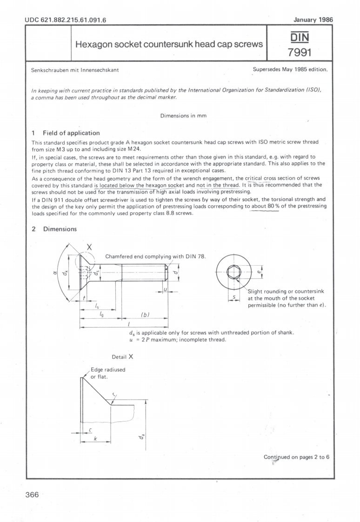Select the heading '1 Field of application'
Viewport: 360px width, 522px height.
[65, 133]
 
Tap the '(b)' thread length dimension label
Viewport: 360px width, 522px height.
[145, 315]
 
